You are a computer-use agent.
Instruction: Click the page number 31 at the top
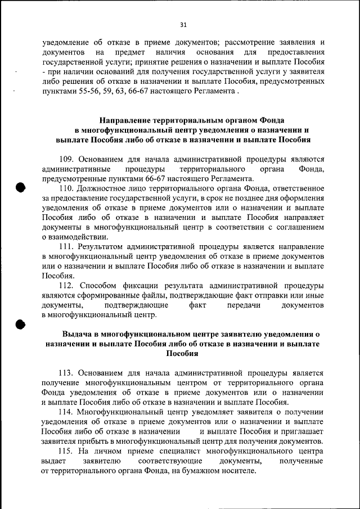[x=183, y=24]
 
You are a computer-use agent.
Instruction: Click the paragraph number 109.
[x=66, y=159]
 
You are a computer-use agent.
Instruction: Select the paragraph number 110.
[x=66, y=188]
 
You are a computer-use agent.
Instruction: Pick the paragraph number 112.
[x=66, y=285]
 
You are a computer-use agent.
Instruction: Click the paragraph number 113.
[x=66, y=372]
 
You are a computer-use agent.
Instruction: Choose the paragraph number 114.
[x=66, y=412]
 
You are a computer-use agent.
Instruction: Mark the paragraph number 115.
[x=66, y=451]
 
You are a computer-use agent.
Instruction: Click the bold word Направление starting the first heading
[x=127, y=120]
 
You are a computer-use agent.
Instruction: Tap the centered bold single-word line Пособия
[x=182, y=353]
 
